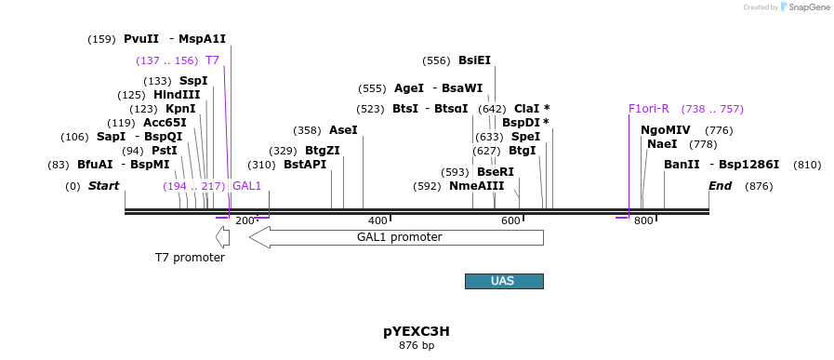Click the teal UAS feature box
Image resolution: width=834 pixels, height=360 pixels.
(503, 281)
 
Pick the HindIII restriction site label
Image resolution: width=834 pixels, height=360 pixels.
(177, 95)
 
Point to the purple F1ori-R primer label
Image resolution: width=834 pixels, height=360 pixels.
(648, 109)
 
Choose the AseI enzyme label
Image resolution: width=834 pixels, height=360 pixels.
(343, 130)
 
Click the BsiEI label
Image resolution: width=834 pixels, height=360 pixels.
(474, 60)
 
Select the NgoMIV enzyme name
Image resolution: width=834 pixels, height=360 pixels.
(666, 130)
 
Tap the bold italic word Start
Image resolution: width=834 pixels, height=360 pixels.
(103, 186)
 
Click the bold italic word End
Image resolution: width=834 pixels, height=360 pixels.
(720, 186)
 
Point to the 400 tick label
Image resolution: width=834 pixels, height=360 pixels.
(377, 220)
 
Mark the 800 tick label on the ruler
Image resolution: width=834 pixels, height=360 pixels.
(643, 220)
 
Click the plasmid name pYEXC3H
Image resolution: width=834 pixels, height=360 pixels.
(417, 331)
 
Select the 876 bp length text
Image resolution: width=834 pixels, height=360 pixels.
(417, 346)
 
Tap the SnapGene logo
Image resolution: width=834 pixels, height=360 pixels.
(804, 7)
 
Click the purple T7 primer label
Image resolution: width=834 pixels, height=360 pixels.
(212, 60)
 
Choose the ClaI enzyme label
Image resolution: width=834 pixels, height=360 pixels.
(526, 109)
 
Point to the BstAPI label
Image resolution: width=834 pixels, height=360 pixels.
(305, 166)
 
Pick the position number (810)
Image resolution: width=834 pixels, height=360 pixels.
(807, 166)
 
